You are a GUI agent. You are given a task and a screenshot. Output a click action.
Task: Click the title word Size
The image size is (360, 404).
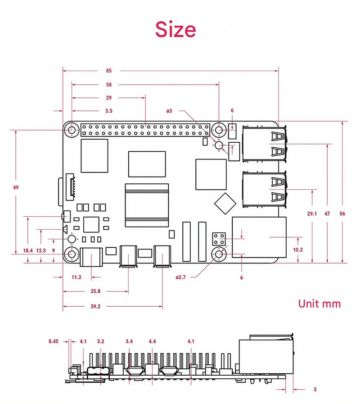[x=175, y=29]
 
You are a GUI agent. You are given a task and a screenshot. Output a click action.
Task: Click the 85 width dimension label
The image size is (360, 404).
[x=109, y=71]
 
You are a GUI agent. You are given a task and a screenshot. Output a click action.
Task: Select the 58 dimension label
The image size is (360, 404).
[x=109, y=84]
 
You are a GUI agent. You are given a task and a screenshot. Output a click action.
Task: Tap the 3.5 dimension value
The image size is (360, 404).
[x=108, y=110]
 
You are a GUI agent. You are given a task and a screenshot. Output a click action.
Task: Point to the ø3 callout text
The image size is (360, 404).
[x=169, y=110]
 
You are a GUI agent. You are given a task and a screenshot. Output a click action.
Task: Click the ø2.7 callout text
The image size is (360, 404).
[x=181, y=277]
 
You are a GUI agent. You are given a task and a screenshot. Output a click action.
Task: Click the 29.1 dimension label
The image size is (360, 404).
[x=311, y=213]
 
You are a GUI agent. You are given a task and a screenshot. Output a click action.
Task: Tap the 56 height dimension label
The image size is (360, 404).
[x=342, y=213]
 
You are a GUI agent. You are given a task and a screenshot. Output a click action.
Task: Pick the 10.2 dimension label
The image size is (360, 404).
[x=298, y=250]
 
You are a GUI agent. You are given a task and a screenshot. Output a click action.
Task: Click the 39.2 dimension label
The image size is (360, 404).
[x=95, y=306]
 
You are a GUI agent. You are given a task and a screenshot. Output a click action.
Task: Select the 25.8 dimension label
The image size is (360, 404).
[x=95, y=291]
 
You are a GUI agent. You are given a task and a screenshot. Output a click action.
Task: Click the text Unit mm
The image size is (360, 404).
[x=319, y=304]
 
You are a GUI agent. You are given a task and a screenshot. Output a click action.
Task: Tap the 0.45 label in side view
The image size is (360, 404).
[x=54, y=341]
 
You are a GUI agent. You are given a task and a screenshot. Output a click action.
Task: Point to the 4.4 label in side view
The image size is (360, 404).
[x=152, y=341]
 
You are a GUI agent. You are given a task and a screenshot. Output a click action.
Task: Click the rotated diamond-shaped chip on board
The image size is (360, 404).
[x=225, y=203]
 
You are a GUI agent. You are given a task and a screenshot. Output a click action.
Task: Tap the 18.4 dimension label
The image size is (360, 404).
[x=28, y=250]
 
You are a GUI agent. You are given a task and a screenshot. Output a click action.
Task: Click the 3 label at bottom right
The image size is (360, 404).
[x=315, y=389]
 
